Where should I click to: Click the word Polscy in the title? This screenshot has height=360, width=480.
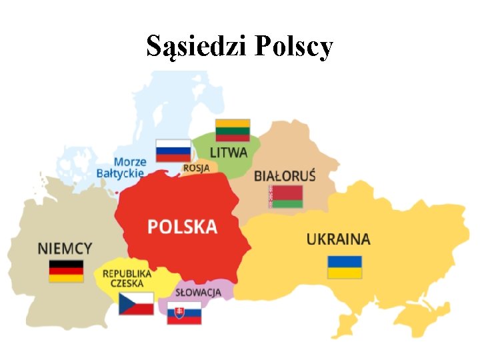(x=294, y=47)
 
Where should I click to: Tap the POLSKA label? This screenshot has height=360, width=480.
(x=182, y=226)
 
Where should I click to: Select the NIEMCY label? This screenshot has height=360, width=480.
(x=65, y=248)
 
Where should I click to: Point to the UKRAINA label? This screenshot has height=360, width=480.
(x=338, y=239)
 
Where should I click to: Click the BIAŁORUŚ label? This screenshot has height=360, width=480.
(x=285, y=176)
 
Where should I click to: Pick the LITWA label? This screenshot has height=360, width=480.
(x=229, y=153)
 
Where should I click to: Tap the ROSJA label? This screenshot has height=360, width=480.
(x=196, y=168)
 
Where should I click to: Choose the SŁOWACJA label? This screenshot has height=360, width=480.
(x=198, y=292)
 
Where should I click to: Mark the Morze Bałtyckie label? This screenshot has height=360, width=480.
(x=121, y=167)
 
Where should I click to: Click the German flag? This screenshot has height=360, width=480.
(x=66, y=271)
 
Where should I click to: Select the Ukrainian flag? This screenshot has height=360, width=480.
(x=345, y=267)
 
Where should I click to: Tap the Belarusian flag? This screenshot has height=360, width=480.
(x=285, y=197)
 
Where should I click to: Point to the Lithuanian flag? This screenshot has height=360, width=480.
(x=233, y=130)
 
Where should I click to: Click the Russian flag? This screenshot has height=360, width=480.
(x=173, y=150)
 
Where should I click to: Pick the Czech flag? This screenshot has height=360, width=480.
(x=136, y=303)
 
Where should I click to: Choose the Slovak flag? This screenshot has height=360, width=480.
(x=184, y=313)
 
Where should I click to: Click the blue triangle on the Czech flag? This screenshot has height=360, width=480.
(x=125, y=303)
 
